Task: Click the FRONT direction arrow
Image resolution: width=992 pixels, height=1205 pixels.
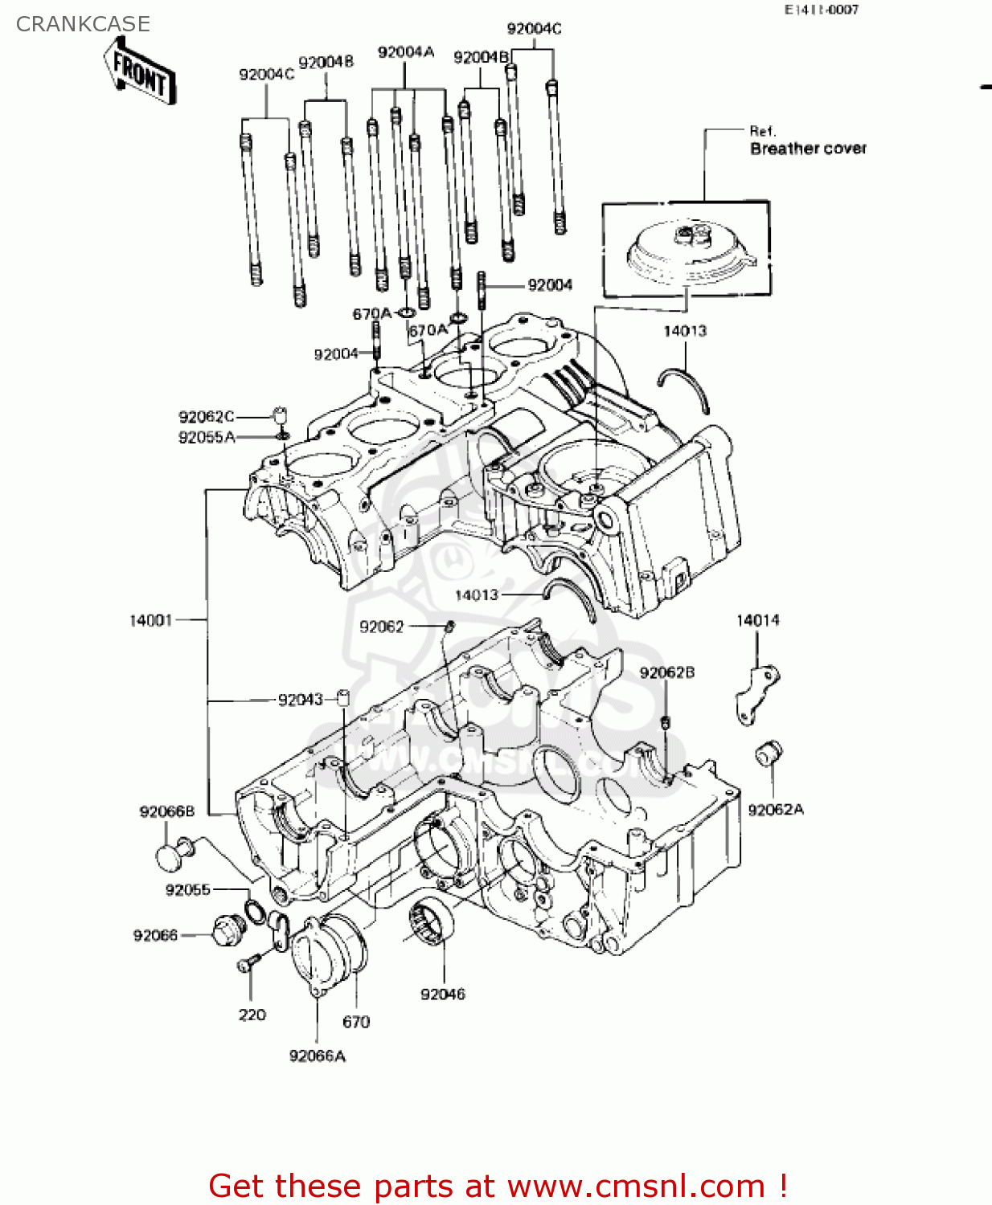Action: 140,71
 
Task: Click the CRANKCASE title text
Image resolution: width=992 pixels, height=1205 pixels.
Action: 83,24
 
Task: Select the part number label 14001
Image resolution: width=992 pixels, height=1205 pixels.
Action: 150,620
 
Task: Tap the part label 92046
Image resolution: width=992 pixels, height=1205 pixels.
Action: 442,995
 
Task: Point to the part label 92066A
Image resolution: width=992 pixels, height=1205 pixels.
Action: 317,1056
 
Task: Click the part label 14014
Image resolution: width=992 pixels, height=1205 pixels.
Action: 757,620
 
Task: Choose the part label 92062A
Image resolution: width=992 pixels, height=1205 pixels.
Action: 776,810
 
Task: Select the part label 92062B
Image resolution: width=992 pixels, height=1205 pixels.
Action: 667,673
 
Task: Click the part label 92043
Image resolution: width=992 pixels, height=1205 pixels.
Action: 300,700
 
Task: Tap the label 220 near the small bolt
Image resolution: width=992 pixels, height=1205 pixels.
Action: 252,1015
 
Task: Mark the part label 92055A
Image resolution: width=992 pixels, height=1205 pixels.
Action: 207,437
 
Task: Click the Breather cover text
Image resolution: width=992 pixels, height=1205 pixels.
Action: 808,149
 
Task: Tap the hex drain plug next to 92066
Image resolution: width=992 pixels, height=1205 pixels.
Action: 227,931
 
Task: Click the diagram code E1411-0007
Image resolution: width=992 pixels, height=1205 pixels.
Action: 822,10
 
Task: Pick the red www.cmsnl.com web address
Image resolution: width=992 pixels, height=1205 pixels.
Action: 636,1187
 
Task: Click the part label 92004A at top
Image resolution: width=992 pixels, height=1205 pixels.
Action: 405,53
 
